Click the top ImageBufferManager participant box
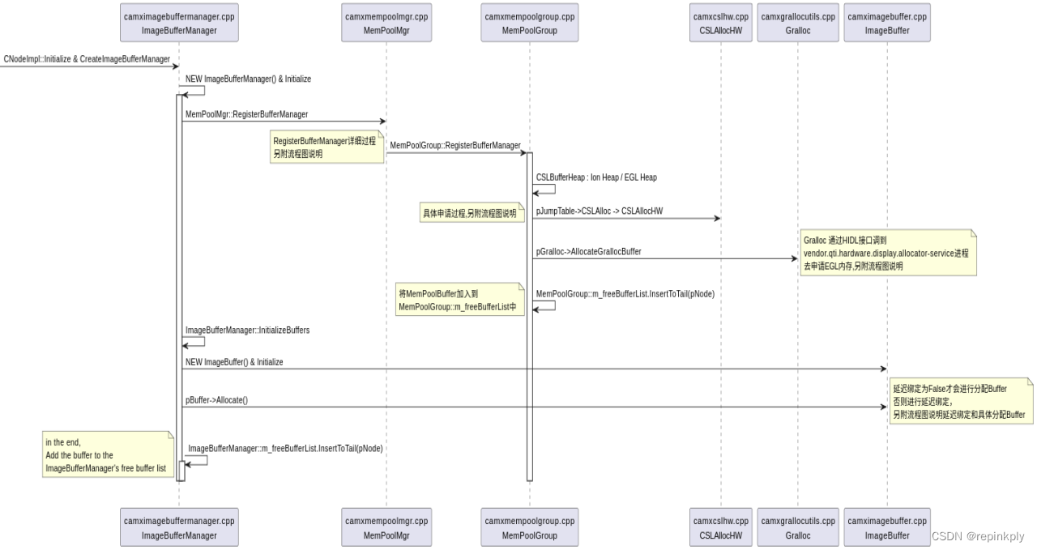[179, 23]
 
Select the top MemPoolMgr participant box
[386, 23]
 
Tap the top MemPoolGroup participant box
[530, 23]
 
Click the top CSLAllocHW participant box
[720, 23]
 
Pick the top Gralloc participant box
[798, 23]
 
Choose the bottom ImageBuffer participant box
[887, 527]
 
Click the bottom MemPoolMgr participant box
[386, 527]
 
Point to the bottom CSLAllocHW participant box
[720, 527]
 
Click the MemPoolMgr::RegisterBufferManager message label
[246, 115]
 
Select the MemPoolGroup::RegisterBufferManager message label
[455, 145]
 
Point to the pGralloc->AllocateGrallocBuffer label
[588, 252]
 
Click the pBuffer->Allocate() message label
[216, 400]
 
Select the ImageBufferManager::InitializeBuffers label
[247, 330]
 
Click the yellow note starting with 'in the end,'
[108, 454]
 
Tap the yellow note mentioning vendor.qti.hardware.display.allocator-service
[888, 253]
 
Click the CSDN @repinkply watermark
[978, 536]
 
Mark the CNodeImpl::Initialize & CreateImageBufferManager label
[87, 59]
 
